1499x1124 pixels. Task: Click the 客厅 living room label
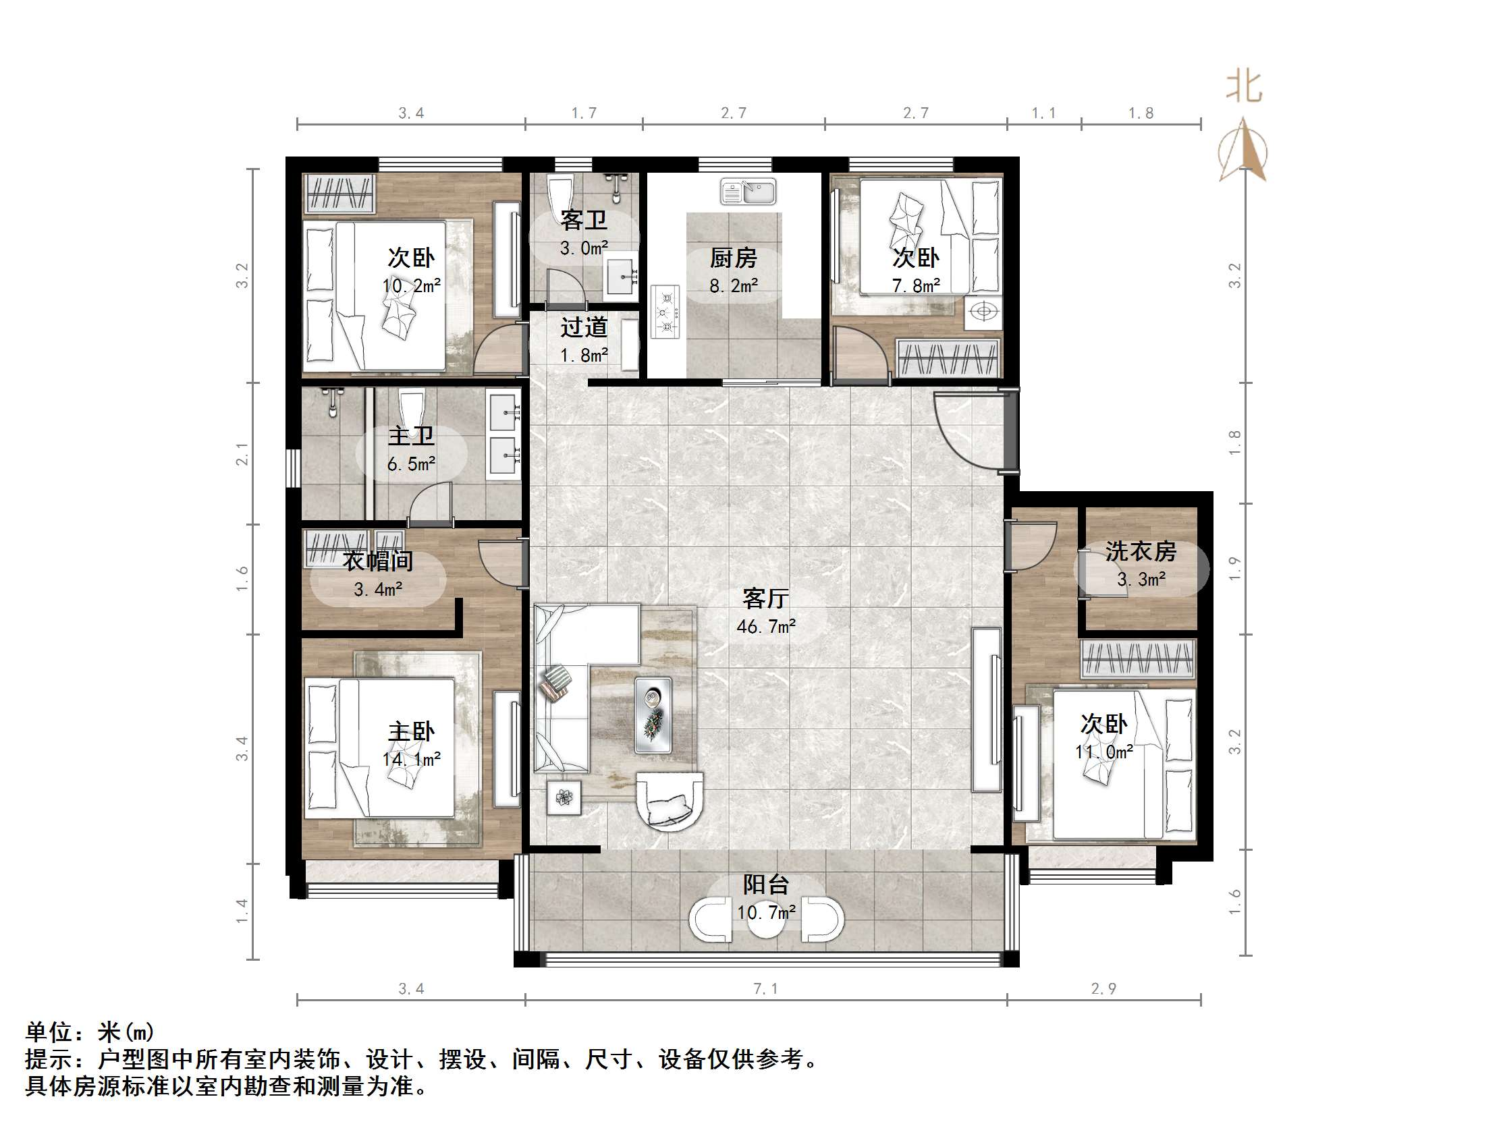(x=765, y=598)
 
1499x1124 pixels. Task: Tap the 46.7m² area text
(x=766, y=627)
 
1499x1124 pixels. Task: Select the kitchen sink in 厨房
(x=747, y=192)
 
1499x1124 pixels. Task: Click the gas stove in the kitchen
(x=665, y=312)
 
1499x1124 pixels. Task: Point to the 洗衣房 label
(x=1141, y=551)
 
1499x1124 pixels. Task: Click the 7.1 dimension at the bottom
(x=766, y=988)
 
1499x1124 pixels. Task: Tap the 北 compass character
(x=1243, y=87)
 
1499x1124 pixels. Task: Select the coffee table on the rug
(x=653, y=714)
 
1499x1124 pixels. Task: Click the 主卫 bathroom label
(x=410, y=435)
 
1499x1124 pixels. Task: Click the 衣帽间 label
(x=377, y=561)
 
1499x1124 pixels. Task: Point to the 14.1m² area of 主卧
(x=410, y=760)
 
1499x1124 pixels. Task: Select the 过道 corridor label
(x=584, y=327)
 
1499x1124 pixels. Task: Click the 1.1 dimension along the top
(x=1043, y=113)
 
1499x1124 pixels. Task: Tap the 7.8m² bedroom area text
(x=915, y=286)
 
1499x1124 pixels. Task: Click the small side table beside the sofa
(x=564, y=797)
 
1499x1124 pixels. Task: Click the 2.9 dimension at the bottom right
(x=1103, y=988)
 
